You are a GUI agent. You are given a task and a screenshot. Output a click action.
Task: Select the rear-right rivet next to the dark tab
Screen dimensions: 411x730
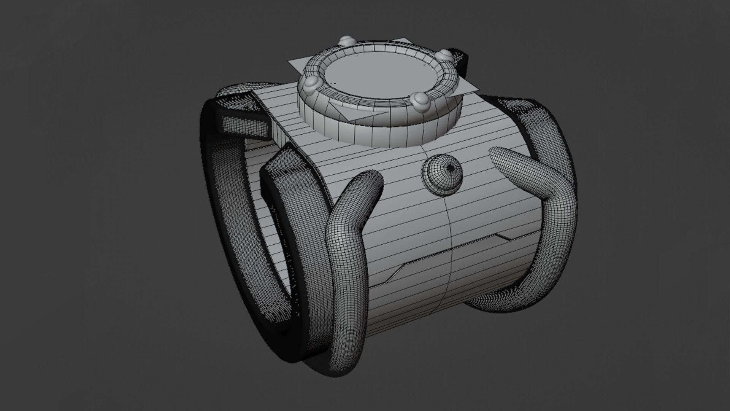click(x=444, y=56)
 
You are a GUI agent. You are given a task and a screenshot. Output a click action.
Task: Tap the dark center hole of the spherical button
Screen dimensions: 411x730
click(x=451, y=167)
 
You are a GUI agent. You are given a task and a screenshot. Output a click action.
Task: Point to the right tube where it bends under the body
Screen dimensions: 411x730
click(x=494, y=301)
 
